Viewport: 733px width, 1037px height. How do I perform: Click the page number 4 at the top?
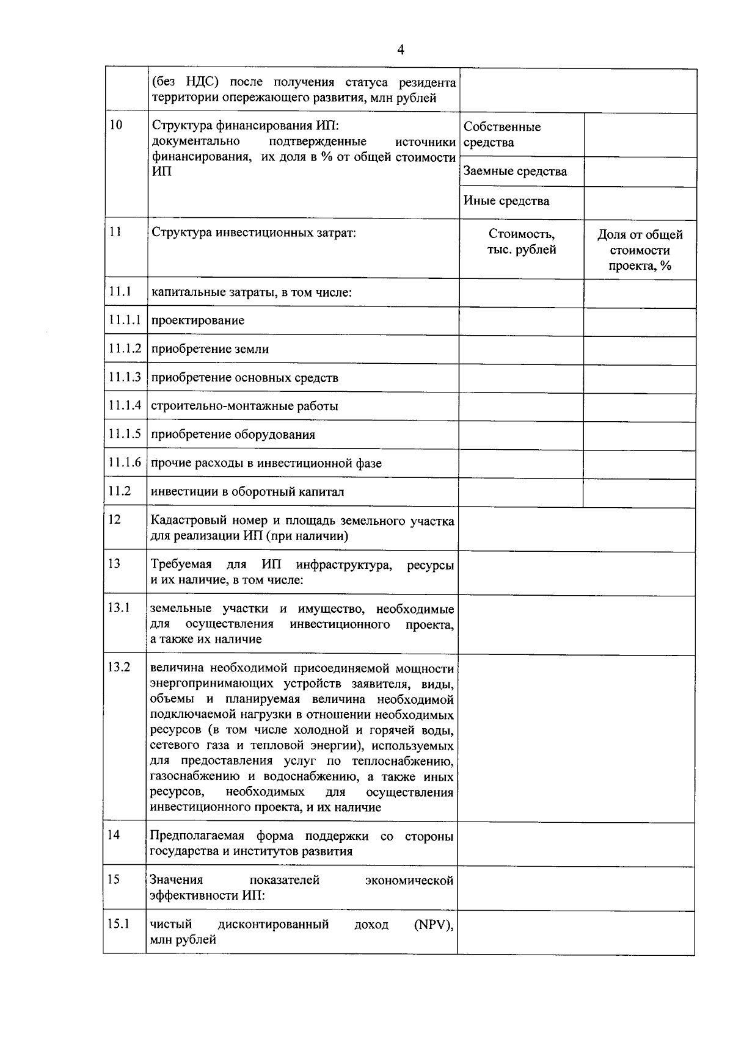(401, 50)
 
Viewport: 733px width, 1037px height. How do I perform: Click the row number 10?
(115, 125)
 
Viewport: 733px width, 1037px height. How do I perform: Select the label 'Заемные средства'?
(515, 172)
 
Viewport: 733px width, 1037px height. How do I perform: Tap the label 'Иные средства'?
(506, 201)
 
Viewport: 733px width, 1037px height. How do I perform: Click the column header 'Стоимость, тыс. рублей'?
(521, 242)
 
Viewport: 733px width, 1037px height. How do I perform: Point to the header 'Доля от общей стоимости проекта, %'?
(640, 250)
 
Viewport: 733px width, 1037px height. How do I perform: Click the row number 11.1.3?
(125, 377)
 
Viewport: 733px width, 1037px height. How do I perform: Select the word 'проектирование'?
(197, 320)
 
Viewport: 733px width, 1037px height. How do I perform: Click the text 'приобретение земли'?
(210, 349)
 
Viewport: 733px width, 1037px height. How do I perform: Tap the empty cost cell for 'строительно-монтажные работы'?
(521, 406)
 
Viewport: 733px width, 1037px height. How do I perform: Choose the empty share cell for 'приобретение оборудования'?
(640, 435)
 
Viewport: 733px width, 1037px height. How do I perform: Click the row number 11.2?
(120, 491)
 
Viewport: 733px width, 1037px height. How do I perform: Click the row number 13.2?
(119, 667)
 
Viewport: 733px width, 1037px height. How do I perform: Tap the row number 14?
(114, 834)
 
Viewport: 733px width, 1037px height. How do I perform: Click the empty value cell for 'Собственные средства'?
(640, 135)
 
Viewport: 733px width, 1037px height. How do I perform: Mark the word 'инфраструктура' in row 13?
(343, 565)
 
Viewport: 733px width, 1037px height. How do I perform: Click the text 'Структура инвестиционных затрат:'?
(253, 233)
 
